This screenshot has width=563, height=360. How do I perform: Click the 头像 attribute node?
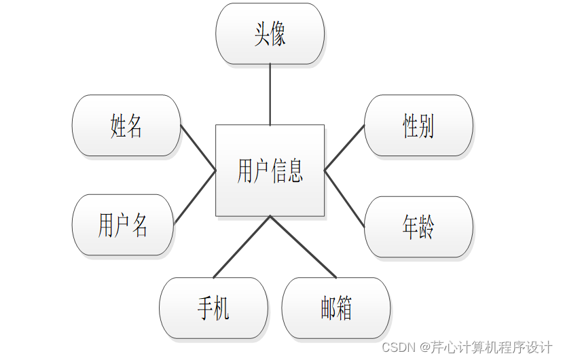pos(270,34)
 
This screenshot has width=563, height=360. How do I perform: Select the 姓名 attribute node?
pos(126,126)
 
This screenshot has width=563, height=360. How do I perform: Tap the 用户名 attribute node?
pos(123,225)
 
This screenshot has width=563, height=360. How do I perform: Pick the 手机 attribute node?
pos(213,308)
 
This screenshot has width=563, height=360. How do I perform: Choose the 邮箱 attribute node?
pos(336,308)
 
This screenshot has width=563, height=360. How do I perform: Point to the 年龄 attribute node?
pos(418,227)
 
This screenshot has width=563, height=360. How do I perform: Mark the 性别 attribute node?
pos(418,126)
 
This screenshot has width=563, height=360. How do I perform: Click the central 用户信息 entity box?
pos(270,170)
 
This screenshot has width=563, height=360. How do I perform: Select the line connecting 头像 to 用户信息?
pos(270,94)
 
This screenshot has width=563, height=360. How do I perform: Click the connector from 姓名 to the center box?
pos(198,147)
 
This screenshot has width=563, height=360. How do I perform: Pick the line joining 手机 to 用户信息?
pos(242,247)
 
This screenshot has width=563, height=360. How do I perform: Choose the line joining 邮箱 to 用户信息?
pos(303,247)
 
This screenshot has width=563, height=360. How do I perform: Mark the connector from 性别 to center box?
pos(344,147)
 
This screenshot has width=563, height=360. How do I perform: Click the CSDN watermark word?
pos(397,347)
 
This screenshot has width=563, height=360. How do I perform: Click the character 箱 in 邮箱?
pos(344,308)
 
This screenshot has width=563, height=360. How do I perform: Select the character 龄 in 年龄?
pos(426,227)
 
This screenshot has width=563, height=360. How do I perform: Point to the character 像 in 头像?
pos(278,34)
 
